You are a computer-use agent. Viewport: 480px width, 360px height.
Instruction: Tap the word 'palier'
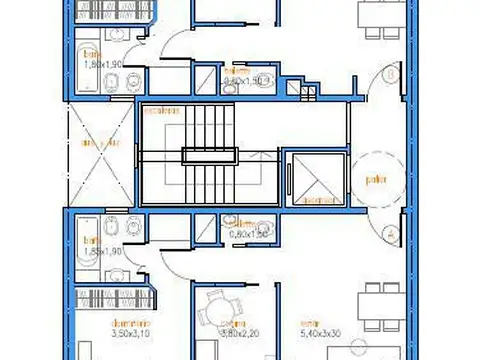pyautogui.click(x=375, y=181)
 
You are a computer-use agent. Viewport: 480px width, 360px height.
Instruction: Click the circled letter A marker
pyautogui.click(x=387, y=232)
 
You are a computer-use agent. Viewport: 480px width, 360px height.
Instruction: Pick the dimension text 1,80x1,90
pyautogui.click(x=101, y=63)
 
